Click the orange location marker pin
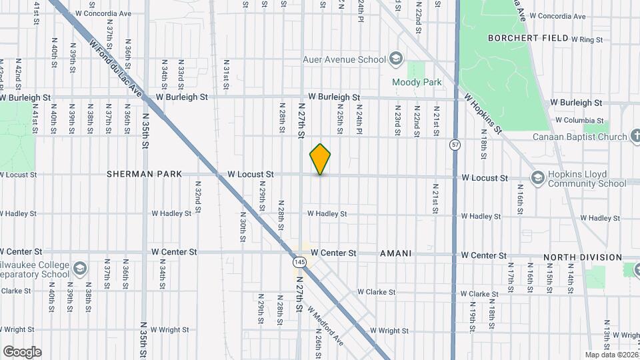click(x=321, y=159)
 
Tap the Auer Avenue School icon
click(x=397, y=59)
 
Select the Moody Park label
click(x=417, y=83)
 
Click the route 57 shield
click(x=455, y=144)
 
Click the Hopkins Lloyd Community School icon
click(x=537, y=178)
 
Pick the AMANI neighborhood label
click(x=395, y=254)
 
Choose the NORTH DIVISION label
click(x=582, y=257)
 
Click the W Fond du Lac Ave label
click(x=116, y=67)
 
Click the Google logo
click(x=22, y=352)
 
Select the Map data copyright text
click(x=611, y=355)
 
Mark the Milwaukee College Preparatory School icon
click(x=80, y=269)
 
